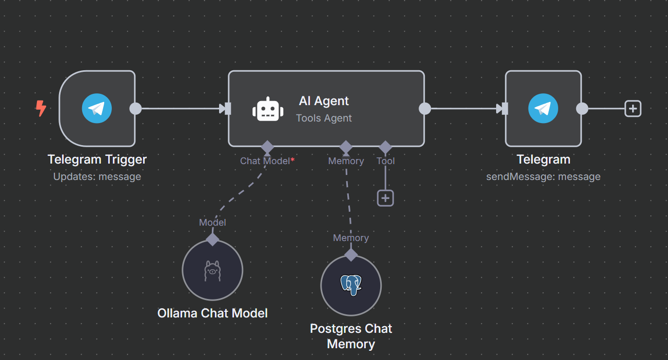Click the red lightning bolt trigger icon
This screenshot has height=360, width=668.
pyautogui.click(x=41, y=108)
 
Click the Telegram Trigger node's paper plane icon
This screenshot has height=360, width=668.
pyautogui.click(x=96, y=109)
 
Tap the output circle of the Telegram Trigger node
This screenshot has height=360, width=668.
pyautogui.click(x=135, y=109)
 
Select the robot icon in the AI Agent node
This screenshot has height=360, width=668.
pyautogui.click(x=268, y=109)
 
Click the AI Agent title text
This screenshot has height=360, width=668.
pyautogui.click(x=324, y=101)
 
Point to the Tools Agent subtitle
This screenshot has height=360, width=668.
pyautogui.click(x=324, y=118)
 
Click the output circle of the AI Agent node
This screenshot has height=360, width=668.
pyautogui.click(x=425, y=109)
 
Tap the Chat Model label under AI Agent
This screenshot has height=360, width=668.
pyautogui.click(x=265, y=161)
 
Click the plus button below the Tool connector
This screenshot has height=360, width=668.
pyautogui.click(x=385, y=198)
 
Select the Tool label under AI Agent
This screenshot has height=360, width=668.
pyautogui.click(x=385, y=161)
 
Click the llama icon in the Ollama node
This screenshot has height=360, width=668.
pyautogui.click(x=212, y=270)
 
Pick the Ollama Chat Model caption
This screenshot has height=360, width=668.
pyautogui.click(x=212, y=313)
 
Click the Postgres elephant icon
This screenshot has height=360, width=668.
pyautogui.click(x=351, y=285)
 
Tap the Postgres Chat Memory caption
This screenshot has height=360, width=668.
pyautogui.click(x=351, y=336)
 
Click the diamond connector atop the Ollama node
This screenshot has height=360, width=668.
pyautogui.click(x=212, y=239)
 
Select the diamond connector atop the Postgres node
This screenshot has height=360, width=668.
pyautogui.click(x=351, y=255)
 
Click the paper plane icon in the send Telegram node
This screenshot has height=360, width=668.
pyautogui.click(x=543, y=109)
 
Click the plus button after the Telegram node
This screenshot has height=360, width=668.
pyautogui.click(x=633, y=109)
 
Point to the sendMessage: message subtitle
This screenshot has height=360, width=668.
pyautogui.click(x=543, y=176)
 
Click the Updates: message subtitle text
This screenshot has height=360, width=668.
pyautogui.click(x=97, y=176)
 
